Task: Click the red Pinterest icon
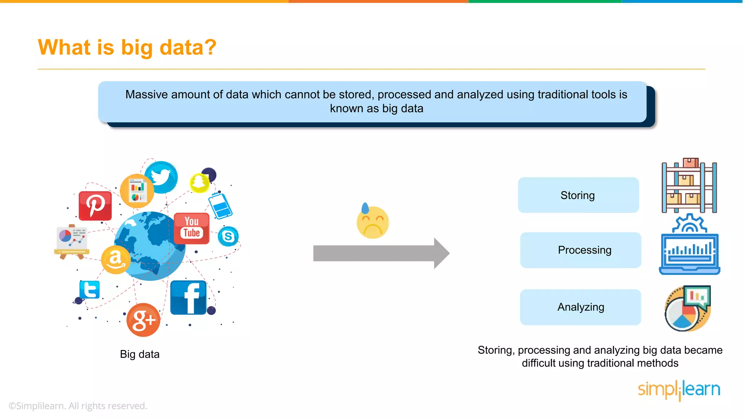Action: pos(95,206)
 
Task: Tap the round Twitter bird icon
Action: pos(161,177)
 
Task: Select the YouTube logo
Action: pos(192,228)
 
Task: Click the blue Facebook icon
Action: pos(189,298)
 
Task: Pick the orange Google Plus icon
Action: pos(143,320)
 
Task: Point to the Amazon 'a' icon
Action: pos(115,259)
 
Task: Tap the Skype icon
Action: pos(228,237)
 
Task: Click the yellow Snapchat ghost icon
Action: pos(199,183)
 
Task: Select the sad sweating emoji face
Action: pos(372,222)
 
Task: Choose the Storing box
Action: pos(578,195)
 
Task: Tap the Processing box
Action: pos(580,250)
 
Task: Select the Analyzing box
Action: pos(580,307)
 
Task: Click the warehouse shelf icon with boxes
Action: pos(689,186)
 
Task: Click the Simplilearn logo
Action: pos(679,390)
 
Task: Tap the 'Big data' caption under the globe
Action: pos(140,354)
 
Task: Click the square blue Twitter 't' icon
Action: pos(89,290)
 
